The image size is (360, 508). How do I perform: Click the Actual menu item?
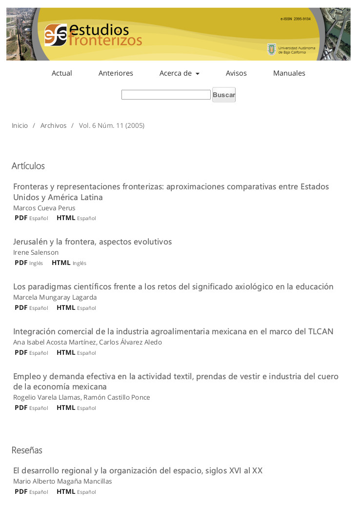pos(62,73)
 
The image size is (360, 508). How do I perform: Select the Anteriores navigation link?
pos(116,73)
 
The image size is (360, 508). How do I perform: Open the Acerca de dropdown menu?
pos(179,73)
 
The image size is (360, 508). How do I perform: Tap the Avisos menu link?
pos(236,73)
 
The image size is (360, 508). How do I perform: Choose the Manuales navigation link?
pos(289,73)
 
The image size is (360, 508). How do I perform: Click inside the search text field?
pos(166,95)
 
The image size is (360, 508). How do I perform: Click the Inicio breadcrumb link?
pos(20,125)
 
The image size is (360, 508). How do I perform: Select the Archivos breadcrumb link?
pos(53,125)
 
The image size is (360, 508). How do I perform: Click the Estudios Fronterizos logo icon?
pos(56,35)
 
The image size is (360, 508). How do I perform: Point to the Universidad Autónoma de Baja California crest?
pos(271,49)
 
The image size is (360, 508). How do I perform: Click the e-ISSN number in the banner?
pos(295,19)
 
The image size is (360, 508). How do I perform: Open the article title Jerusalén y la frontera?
pos(92,242)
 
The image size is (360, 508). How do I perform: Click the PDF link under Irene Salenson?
pos(21,263)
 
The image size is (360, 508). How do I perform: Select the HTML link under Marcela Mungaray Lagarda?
pos(66,307)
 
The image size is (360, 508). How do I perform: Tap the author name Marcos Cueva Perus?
pos(44,208)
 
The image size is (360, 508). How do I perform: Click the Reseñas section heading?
pos(27,450)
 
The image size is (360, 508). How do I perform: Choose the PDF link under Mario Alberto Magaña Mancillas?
pos(21,491)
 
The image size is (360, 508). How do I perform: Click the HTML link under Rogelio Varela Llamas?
pos(66,407)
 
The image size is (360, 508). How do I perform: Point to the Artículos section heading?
pos(28,166)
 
